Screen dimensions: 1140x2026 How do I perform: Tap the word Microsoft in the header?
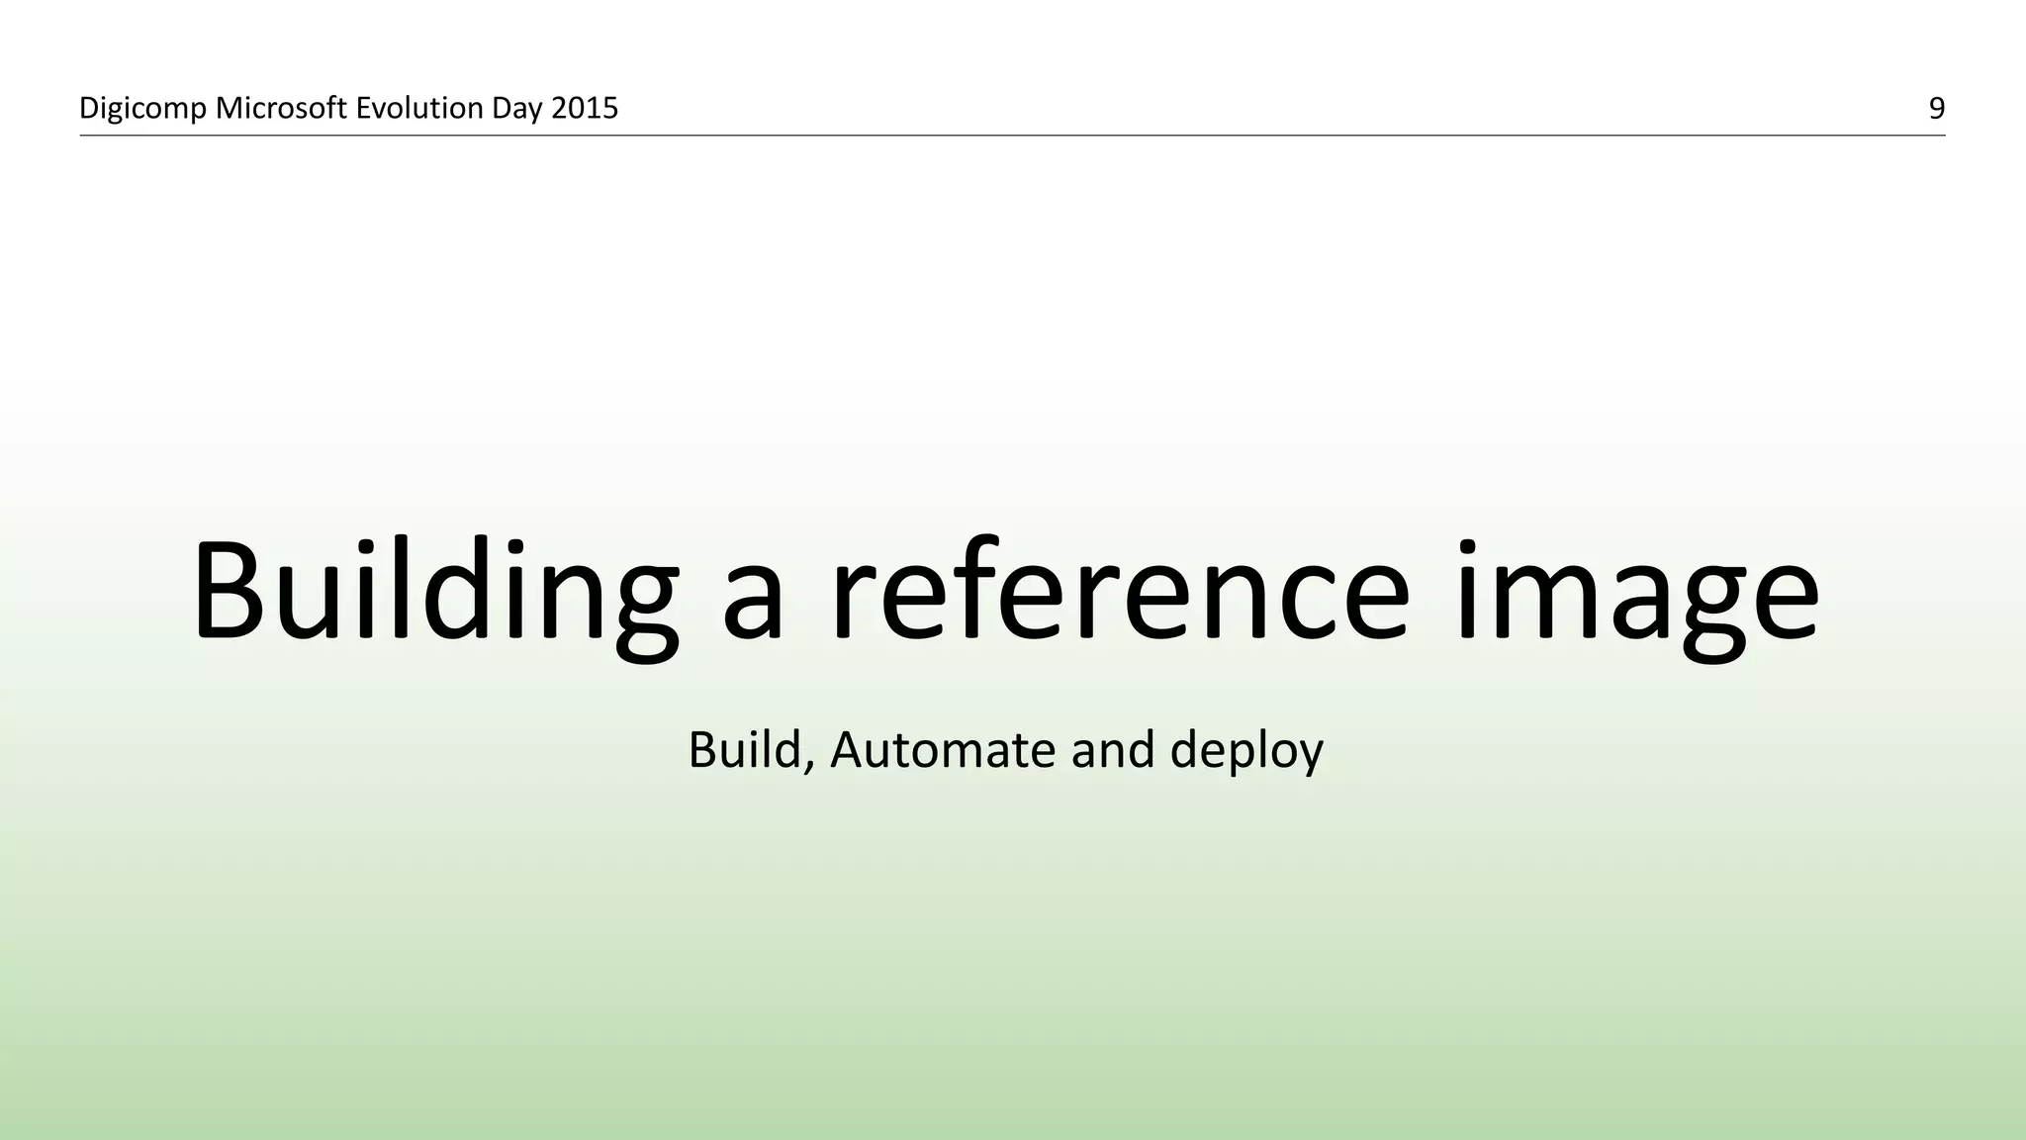[x=281, y=108]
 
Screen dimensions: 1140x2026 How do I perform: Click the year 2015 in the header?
[x=585, y=108]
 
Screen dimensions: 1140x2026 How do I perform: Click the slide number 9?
[x=1936, y=108]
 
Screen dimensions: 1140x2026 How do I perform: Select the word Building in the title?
[x=435, y=594]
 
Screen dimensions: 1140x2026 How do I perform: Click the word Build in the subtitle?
[x=744, y=749]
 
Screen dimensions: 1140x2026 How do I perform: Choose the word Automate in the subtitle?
[x=943, y=749]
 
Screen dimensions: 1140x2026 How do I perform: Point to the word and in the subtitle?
[x=1113, y=749]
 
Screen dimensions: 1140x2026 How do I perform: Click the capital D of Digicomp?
[x=89, y=108]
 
